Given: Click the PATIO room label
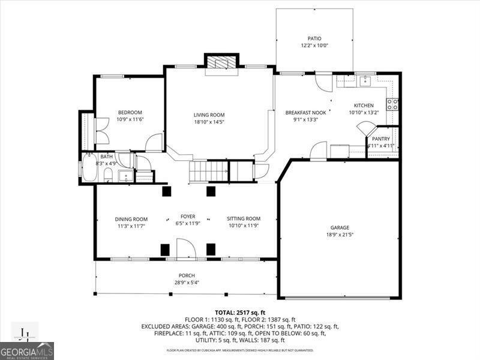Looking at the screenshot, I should [314, 38].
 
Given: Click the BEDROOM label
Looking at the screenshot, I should [130, 112].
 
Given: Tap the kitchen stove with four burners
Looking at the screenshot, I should [393, 105].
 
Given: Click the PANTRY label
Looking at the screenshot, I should [381, 139].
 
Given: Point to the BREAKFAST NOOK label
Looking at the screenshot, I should [305, 112].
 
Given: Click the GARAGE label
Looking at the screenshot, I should [340, 227].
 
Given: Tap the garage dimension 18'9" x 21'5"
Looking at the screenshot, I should [340, 235].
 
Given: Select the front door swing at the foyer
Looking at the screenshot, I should [184, 248].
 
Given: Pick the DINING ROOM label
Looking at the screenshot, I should [131, 219].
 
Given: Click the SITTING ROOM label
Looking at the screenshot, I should [244, 218].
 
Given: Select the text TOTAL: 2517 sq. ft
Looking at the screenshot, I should [240, 312].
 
